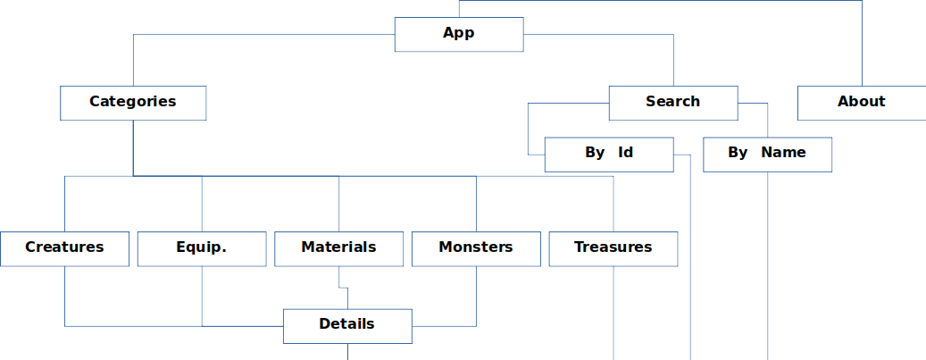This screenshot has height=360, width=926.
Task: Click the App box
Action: point(458,34)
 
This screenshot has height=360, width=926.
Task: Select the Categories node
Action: point(133,102)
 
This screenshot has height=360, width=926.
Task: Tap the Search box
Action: point(672,102)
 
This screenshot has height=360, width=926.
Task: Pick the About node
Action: point(861,102)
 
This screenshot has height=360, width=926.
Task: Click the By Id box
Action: point(608,154)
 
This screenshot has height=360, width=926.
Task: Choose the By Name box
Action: point(767,154)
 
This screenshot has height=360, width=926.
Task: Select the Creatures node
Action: point(64,248)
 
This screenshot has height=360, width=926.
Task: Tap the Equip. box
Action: point(202,248)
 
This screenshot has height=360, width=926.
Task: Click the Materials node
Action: point(338,248)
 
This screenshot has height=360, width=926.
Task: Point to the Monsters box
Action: point(475,248)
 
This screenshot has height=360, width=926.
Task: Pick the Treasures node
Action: point(613,248)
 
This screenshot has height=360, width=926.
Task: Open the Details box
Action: point(346,325)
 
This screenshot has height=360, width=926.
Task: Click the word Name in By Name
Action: point(783,153)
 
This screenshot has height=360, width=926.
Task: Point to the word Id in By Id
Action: point(625,153)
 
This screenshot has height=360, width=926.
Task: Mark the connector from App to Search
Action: point(598,35)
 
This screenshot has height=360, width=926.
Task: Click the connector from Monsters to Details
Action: point(475,304)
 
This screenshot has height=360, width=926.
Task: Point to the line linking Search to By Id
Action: point(528,130)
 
